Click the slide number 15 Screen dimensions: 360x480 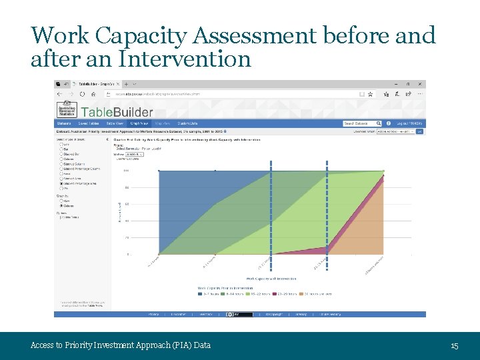[x=455, y=345]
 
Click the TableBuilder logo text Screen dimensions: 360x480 [x=117, y=111]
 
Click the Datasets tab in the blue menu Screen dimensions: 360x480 [x=64, y=123]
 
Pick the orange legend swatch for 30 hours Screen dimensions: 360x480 [x=304, y=293]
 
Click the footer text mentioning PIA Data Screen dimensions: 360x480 [x=121, y=345]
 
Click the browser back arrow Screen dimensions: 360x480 [x=59, y=94]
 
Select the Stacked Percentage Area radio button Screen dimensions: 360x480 [x=62, y=183]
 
